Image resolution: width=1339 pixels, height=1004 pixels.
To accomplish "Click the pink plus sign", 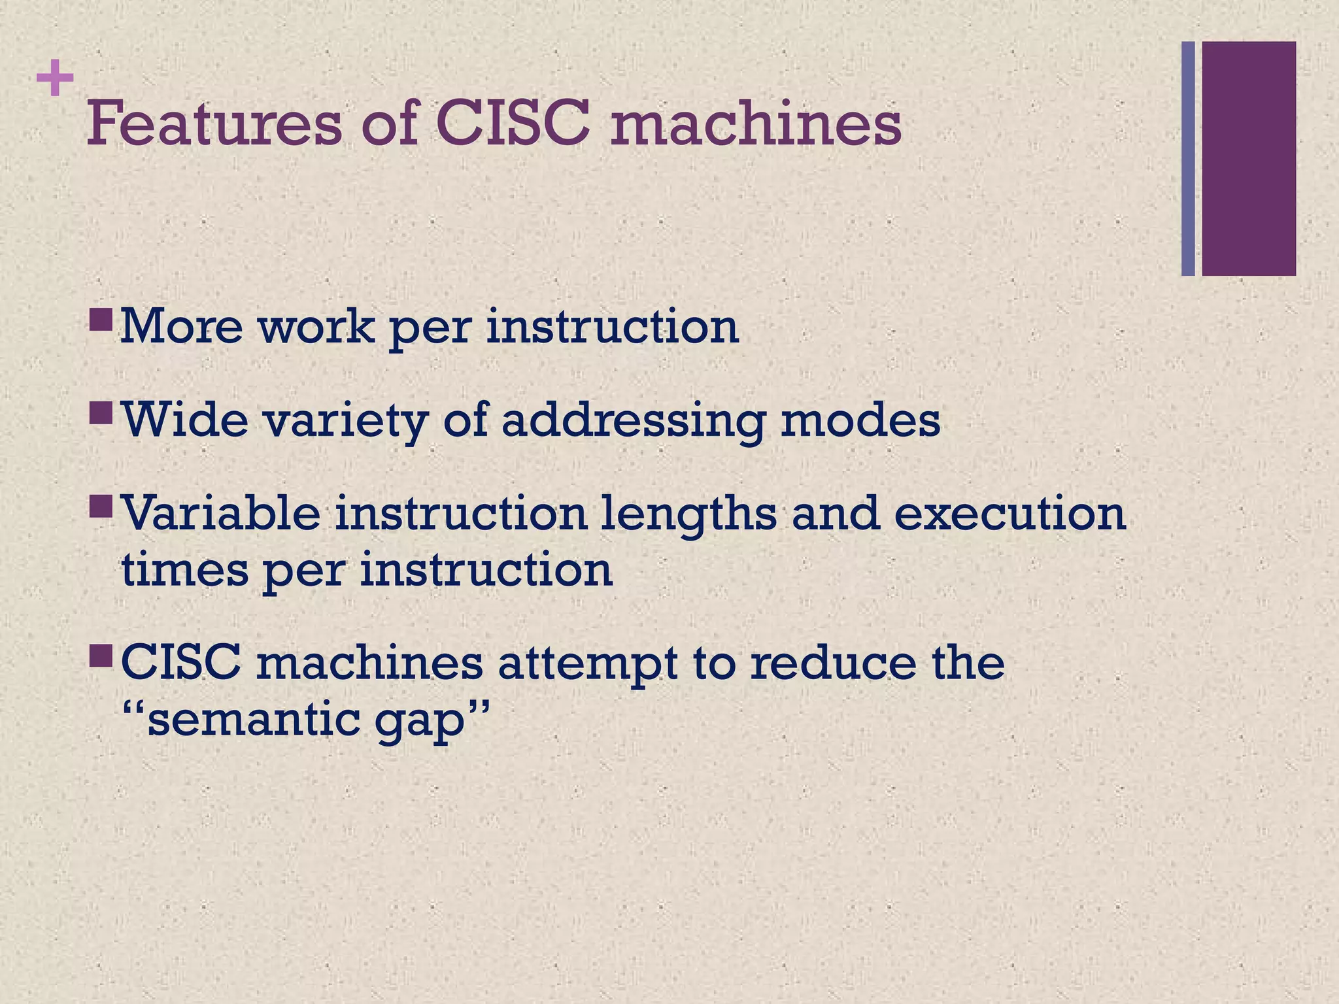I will pos(55,79).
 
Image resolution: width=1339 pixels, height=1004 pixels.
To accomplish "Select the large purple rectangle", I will pos(1249,158).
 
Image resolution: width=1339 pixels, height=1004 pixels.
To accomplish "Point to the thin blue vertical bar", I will pos(1188,158).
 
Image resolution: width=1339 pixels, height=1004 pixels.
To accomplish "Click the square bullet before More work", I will pos(101,320).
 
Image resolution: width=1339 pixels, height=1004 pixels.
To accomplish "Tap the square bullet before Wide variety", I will pos(101,412).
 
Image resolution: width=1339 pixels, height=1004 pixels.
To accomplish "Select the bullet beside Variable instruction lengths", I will pos(101,506).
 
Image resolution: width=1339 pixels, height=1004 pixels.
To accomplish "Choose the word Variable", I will pos(221,512).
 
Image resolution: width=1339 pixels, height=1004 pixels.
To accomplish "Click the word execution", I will pos(1010,514).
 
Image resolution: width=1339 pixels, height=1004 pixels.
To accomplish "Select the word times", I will pos(185,569).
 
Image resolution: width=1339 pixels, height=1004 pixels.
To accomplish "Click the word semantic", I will pos(252,720).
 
